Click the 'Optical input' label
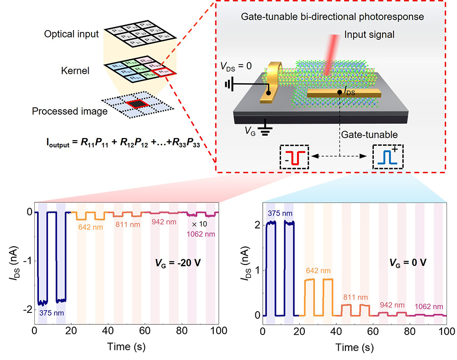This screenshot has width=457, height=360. (71, 34)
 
